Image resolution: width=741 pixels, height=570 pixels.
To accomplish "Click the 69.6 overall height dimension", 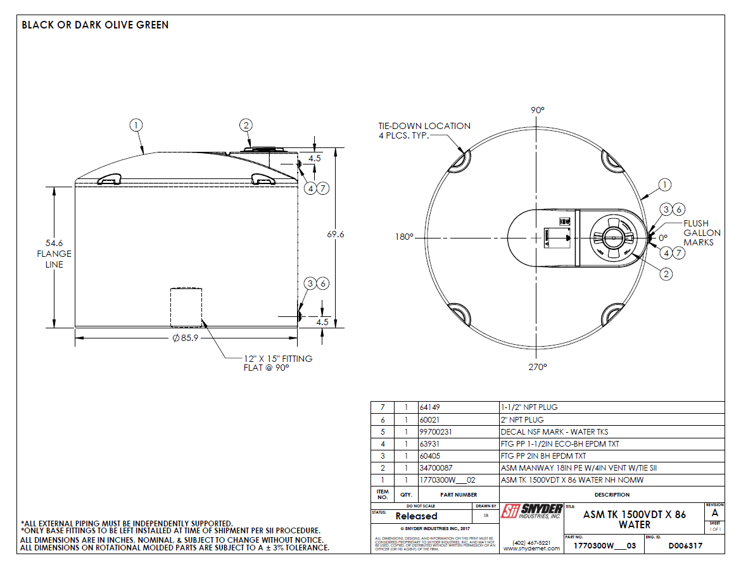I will point(336,234).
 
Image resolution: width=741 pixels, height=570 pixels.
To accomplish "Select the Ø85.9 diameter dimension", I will point(186,338).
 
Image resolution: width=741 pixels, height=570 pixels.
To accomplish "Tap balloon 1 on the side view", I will point(136,125).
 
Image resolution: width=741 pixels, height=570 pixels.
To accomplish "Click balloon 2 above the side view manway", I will point(246,125).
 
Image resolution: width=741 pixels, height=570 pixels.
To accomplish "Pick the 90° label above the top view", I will point(538,110).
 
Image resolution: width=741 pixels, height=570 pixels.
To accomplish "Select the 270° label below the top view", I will point(538,366).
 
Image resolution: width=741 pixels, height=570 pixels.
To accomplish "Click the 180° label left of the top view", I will point(403,237).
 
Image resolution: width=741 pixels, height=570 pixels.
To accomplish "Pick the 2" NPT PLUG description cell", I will point(522,419).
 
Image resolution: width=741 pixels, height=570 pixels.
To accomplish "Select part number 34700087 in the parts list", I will point(438,468).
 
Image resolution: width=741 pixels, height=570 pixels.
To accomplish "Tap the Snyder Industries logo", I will point(531,511).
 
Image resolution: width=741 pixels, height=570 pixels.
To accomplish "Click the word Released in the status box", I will point(416,516).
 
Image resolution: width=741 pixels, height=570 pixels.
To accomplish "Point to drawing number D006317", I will point(685,545).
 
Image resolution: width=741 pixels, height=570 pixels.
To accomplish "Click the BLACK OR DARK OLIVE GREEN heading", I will point(95,25).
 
